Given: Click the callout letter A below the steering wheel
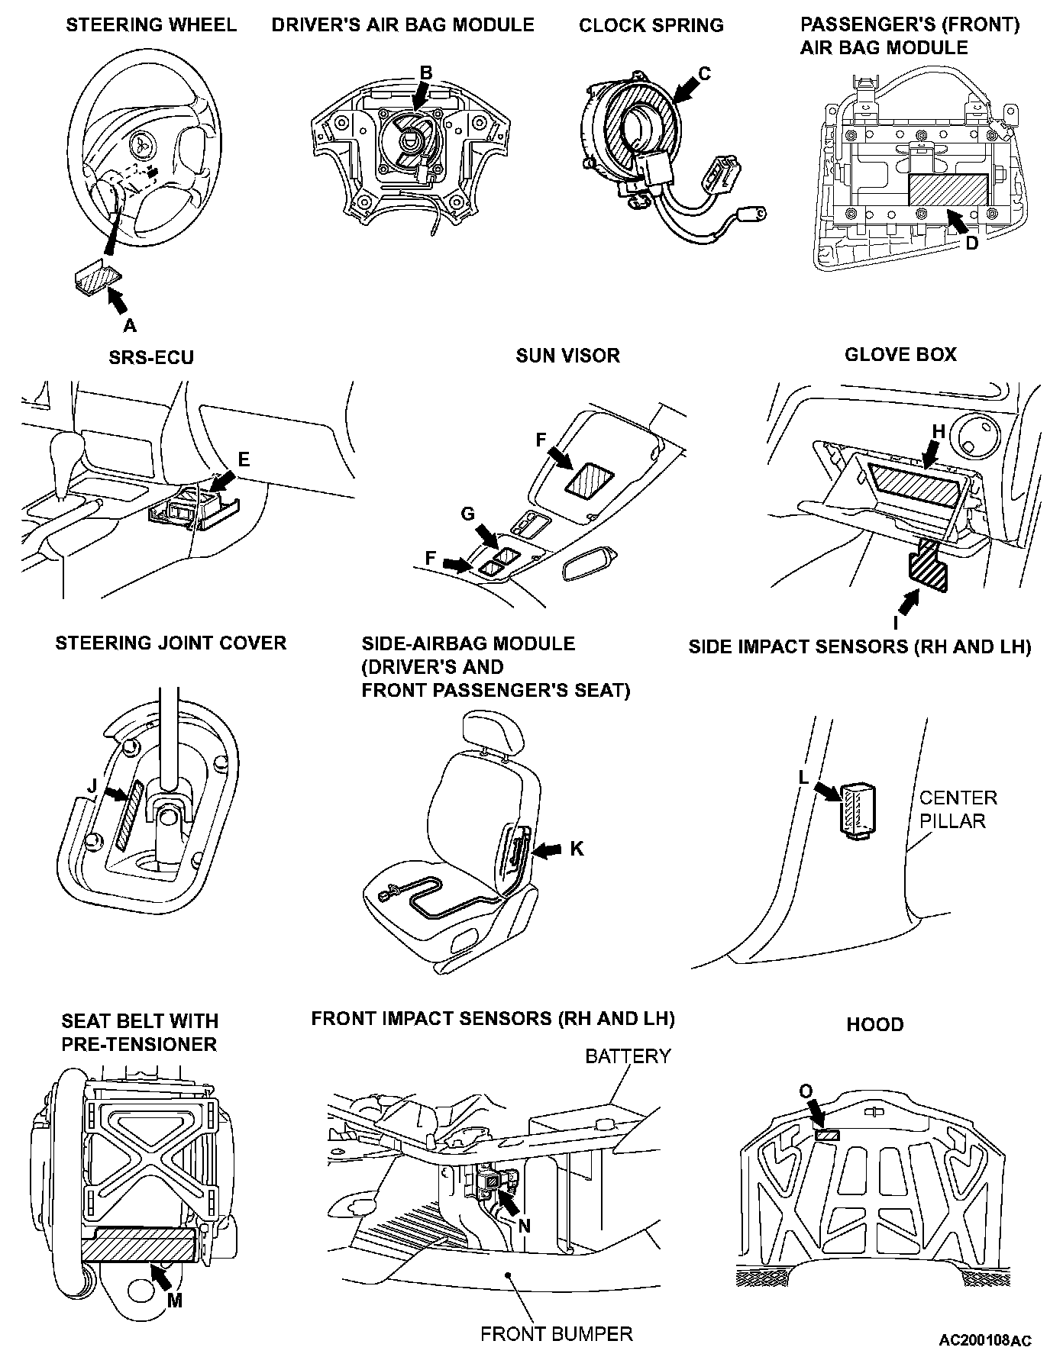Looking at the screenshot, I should [130, 326].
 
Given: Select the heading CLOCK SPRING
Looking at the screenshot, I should [651, 25].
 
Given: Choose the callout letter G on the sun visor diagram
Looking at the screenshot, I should [468, 514].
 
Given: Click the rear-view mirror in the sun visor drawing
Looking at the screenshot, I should [592, 566].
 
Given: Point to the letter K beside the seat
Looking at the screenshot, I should [577, 848].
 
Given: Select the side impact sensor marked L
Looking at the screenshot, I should [858, 809].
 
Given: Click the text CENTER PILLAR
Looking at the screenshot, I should [958, 809].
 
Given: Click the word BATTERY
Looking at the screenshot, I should [628, 1056].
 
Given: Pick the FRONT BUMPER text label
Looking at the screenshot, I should [556, 1334].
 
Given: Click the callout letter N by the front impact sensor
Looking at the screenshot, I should [524, 1225].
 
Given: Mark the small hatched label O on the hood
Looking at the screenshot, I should [827, 1136].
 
